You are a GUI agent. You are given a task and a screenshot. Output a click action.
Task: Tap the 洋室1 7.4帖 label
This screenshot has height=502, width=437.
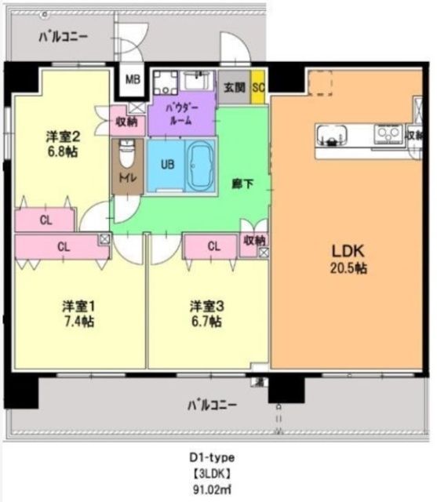pos(79,313)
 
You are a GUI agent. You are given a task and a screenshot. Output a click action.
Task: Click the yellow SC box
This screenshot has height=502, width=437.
pos(257,87)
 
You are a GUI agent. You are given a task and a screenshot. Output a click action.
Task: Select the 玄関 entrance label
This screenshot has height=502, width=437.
pos(234,87)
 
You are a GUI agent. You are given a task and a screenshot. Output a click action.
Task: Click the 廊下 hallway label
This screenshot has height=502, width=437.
pos(242,184)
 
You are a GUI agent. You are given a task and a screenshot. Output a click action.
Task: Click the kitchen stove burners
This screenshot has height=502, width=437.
pos(387,136)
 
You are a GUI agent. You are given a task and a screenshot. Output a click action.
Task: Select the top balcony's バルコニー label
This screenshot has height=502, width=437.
pos(64,36)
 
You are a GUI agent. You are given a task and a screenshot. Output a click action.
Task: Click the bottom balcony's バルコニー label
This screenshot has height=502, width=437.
pos(212,406)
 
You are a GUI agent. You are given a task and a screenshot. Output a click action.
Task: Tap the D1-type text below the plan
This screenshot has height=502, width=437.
pos(211,457)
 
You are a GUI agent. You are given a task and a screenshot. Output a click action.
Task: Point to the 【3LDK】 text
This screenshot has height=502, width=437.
pos(211,474)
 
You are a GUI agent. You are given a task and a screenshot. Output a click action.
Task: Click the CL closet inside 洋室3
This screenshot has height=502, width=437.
pos(213,246)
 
